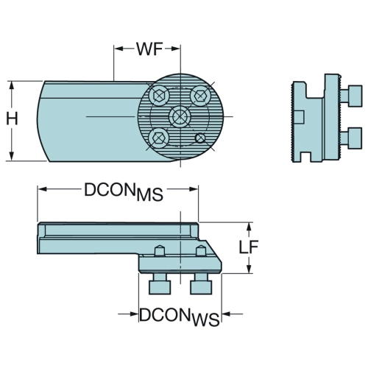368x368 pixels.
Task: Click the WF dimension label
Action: pos(149,49)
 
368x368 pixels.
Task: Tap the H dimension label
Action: pos(12,119)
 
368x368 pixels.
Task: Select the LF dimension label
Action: pos(249,247)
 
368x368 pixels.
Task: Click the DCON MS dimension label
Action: pos(124,192)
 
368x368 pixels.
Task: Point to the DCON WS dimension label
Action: pos(179,317)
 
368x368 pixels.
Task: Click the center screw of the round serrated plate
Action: pos(180,116)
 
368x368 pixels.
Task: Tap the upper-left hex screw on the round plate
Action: pos(159,95)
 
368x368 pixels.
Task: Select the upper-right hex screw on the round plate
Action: pos(201,95)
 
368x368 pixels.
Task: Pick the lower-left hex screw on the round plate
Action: pos(158,138)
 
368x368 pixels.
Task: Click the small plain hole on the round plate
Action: pos(200,138)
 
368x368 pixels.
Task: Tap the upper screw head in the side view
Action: pos(352,96)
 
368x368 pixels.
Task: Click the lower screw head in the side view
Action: pos(352,138)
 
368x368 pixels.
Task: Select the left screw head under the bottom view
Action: pos(160,283)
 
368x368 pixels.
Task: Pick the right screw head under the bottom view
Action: pos(201,283)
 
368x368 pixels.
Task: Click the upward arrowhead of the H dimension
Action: pos(11,86)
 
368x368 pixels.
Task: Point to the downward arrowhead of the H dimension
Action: pos(11,156)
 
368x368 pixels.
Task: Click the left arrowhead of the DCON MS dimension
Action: pos(42,189)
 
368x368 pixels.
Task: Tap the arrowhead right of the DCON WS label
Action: pos(227,314)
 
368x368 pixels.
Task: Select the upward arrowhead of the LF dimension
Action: pos(249,227)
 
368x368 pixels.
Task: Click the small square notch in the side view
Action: pos(300,117)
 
